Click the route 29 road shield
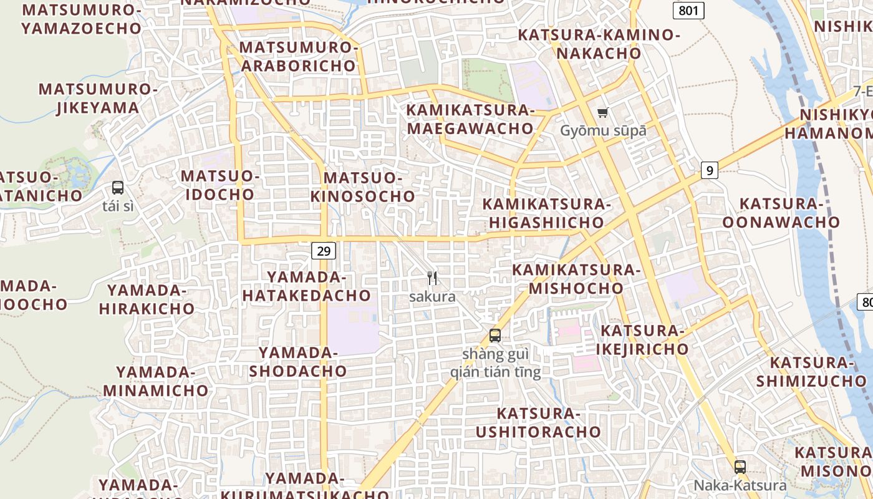[x=324, y=251]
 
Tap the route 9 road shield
[x=709, y=170]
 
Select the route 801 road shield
[x=688, y=10]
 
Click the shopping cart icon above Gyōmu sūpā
[x=602, y=113]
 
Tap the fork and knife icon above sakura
[x=432, y=278]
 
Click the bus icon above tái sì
[x=118, y=187]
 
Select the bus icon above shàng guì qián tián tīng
[x=495, y=336]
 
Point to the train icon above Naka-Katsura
[x=740, y=467]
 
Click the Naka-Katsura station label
[x=740, y=485]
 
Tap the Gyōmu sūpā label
[x=603, y=131]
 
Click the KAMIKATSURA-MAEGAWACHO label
[x=470, y=120]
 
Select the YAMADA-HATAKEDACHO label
[x=307, y=286]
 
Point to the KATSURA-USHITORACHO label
[x=539, y=422]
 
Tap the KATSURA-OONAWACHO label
[x=781, y=213]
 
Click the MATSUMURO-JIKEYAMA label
[x=99, y=99]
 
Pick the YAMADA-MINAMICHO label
[x=156, y=382]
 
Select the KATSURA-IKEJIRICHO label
[x=642, y=339]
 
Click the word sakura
[x=432, y=297]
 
